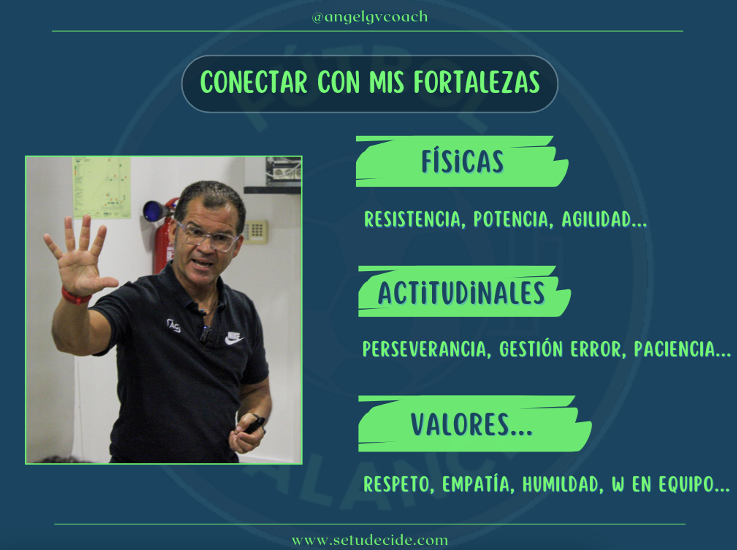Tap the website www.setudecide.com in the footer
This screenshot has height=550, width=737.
click(x=370, y=540)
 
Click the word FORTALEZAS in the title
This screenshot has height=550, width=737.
click(x=477, y=82)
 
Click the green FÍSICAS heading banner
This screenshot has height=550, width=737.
click(x=462, y=161)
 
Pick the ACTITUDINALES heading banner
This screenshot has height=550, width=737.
click(x=464, y=292)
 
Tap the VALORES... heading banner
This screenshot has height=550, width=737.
click(x=475, y=424)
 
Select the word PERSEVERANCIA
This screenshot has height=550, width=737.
click(x=425, y=349)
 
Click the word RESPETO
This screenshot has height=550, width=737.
click(x=397, y=485)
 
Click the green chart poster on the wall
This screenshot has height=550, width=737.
click(x=101, y=187)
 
